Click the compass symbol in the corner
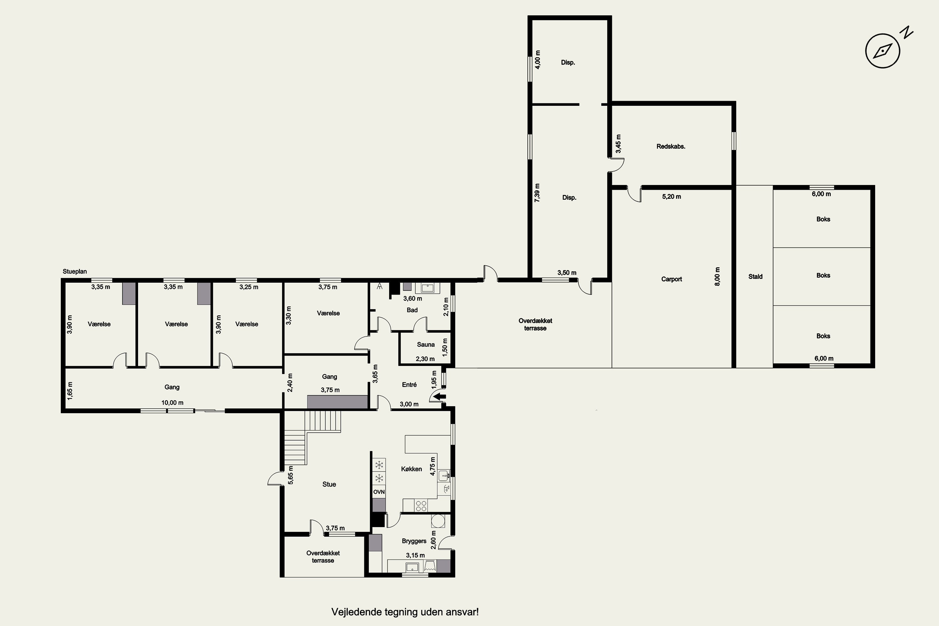coord(883,51)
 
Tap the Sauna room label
coord(426,345)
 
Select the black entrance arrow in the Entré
coord(439,397)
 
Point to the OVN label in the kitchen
coord(379,492)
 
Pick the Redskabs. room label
coord(671,146)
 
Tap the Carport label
coord(671,279)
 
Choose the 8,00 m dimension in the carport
coord(717,276)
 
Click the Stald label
coord(755,276)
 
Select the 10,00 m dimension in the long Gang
coord(172,403)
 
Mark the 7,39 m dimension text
coord(537,193)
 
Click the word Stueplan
coord(75,271)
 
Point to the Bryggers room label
coord(414,541)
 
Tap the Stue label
coord(329,484)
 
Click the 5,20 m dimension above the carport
coord(671,197)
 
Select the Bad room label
coord(412,310)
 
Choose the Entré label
coord(409,384)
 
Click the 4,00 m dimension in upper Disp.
coord(538,59)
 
